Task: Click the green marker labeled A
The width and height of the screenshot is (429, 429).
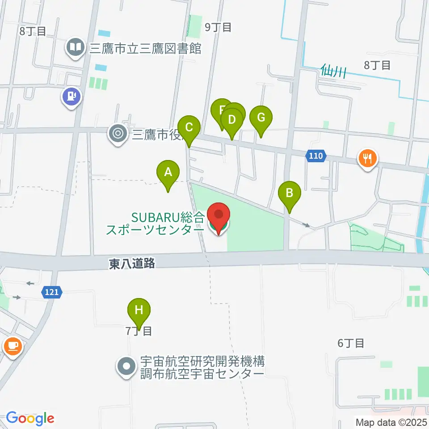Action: (x=168, y=172)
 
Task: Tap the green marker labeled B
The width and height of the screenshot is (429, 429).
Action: (x=290, y=193)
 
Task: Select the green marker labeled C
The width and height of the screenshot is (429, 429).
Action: (x=189, y=127)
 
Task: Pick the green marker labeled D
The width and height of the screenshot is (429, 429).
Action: (x=231, y=120)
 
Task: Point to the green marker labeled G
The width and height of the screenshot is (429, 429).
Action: (x=261, y=118)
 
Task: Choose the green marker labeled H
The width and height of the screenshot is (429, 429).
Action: (x=139, y=310)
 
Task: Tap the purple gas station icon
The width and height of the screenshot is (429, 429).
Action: (x=71, y=96)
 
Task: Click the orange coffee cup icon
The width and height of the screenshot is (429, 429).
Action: (x=12, y=346)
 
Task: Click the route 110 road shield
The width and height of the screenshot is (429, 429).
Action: (x=315, y=156)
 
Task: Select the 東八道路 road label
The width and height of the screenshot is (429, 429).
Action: (x=132, y=264)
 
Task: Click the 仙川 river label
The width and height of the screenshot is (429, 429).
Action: (x=333, y=70)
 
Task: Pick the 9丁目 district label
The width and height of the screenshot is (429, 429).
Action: (x=218, y=27)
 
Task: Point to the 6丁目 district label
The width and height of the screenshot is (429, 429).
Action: (x=351, y=343)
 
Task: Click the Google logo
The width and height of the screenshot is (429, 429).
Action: (x=30, y=418)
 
